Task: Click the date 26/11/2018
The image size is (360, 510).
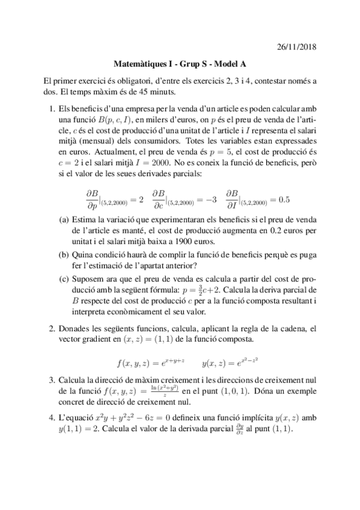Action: (294, 46)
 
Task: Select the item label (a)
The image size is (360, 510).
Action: (64, 221)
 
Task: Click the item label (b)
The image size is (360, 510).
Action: (64, 254)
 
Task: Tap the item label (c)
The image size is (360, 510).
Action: (64, 278)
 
